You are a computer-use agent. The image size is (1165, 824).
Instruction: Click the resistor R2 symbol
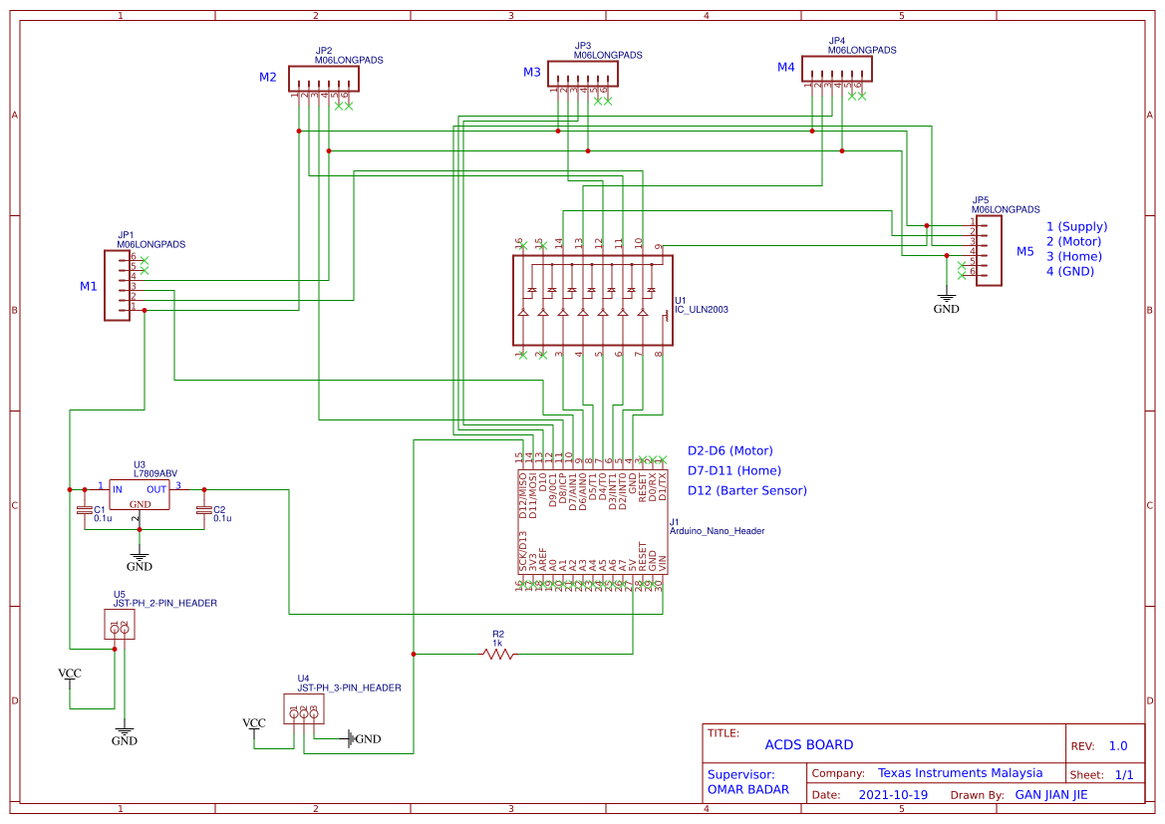(x=498, y=654)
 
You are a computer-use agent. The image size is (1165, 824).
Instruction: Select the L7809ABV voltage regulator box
(x=139, y=495)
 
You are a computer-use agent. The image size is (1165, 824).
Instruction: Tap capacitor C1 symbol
(x=85, y=511)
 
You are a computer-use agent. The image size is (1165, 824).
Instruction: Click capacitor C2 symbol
(x=204, y=511)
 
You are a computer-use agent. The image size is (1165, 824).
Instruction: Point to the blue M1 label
(x=89, y=287)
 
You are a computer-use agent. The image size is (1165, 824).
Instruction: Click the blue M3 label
(x=532, y=73)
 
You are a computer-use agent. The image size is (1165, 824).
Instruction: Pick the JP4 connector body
(x=838, y=70)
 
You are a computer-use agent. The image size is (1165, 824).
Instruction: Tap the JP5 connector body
(x=989, y=251)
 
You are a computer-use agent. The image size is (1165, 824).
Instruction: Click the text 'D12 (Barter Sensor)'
(x=747, y=491)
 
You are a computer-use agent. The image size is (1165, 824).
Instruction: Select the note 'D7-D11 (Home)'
(x=734, y=471)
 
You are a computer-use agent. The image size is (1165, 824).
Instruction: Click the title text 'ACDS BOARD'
(x=808, y=745)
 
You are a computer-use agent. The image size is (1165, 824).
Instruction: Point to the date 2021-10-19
(x=893, y=795)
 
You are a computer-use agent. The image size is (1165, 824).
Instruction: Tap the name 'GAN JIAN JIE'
(x=1050, y=795)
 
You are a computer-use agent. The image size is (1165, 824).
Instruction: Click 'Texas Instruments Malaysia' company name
(x=960, y=773)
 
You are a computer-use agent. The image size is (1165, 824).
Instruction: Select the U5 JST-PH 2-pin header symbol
(x=120, y=625)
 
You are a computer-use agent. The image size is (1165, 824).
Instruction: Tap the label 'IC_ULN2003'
(x=702, y=310)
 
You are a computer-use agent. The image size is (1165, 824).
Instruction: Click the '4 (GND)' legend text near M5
(x=1069, y=272)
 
